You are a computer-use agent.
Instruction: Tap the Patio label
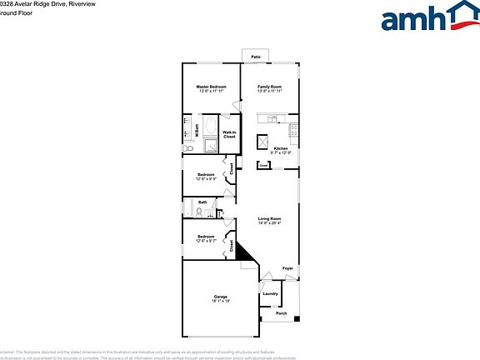click(x=256, y=57)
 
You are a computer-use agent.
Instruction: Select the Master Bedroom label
click(x=212, y=87)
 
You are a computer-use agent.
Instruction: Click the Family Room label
click(x=269, y=87)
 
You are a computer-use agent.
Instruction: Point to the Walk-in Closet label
click(x=227, y=134)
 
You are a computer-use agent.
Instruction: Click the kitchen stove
click(x=294, y=131)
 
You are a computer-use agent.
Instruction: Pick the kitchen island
click(x=262, y=141)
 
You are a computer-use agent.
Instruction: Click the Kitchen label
click(x=280, y=148)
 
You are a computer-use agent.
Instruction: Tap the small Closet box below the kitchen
click(x=263, y=166)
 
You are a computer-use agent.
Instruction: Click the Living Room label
click(x=269, y=218)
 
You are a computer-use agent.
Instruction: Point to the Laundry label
click(x=270, y=293)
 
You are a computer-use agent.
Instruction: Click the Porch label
click(x=281, y=314)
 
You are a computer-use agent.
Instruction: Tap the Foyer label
click(x=287, y=268)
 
